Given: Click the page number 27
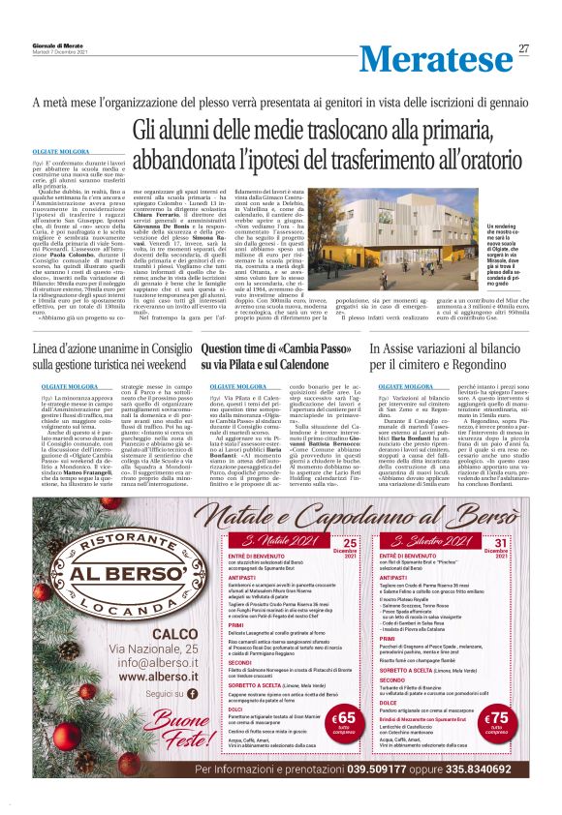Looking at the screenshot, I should click(523, 49).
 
